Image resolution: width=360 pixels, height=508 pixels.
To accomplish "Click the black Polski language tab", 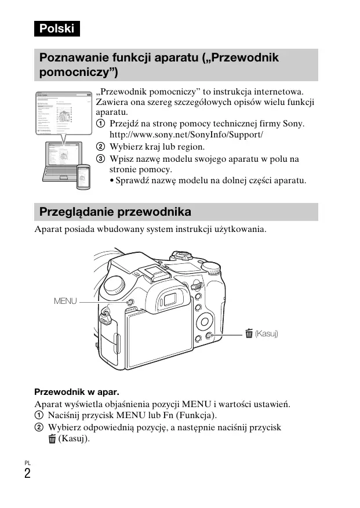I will [56, 28].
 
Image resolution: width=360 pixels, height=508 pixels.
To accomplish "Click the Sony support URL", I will [186, 135].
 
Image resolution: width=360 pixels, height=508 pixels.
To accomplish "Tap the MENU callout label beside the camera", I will [65, 302].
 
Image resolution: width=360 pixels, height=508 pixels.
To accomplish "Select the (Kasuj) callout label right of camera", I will [267, 333].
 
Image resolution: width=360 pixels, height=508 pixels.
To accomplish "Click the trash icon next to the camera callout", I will [249, 333].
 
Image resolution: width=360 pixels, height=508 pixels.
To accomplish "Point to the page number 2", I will [28, 473].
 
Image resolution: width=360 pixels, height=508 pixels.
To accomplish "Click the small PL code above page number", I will [27, 462].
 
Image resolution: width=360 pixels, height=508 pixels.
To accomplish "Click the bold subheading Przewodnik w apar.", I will [77, 391].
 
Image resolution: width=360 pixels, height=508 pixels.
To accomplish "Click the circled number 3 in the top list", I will [100, 158].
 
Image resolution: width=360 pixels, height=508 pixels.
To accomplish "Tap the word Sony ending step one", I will [293, 124].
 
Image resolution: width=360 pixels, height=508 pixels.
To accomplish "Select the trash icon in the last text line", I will [53, 439].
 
